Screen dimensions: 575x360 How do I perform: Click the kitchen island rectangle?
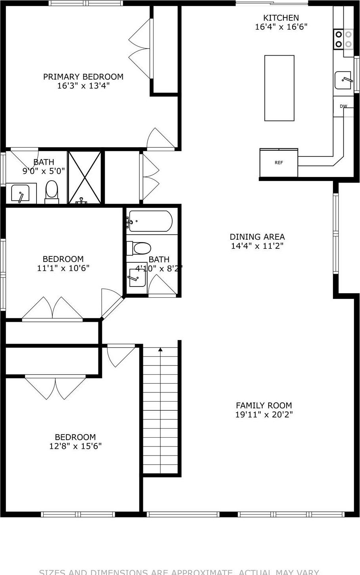tap(279, 88)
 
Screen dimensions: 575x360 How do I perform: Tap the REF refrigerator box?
tap(279, 163)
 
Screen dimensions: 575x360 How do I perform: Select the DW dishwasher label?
tap(343, 106)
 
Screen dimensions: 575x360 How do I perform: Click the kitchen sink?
tap(343, 80)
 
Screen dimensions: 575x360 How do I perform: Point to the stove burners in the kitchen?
tap(343, 39)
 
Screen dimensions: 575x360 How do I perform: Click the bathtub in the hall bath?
tap(150, 221)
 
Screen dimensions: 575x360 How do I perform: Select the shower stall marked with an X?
tap(85, 177)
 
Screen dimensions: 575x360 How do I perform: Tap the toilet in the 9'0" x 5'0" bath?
tap(52, 191)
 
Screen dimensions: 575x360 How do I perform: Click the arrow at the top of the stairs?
tap(160, 350)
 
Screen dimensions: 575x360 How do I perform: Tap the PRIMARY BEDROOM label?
tap(83, 77)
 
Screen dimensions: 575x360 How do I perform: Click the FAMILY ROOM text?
tap(264, 405)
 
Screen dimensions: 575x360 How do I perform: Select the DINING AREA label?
tap(257, 237)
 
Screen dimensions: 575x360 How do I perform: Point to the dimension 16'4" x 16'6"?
tap(281, 27)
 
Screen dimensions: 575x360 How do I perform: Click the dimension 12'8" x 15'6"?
tap(75, 446)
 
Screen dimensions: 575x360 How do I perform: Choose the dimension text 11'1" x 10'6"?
tap(63, 268)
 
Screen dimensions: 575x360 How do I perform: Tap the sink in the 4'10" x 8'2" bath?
tap(137, 277)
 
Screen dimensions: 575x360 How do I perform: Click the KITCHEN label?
tap(281, 18)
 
